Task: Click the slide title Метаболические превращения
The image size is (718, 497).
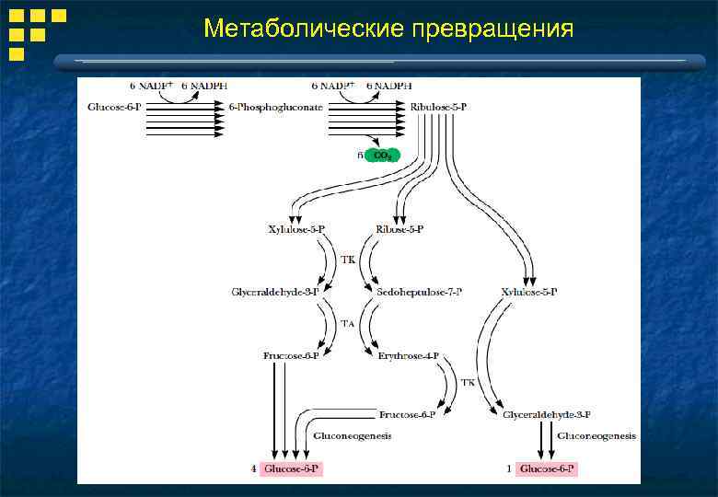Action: pos(388,29)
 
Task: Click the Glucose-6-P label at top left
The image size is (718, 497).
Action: pos(114,108)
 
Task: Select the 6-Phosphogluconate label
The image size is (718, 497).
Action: pos(275,108)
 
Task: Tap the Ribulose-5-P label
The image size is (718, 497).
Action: pos(438,108)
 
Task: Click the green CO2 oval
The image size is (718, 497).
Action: pos(382,155)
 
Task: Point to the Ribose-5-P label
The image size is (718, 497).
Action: pos(400,228)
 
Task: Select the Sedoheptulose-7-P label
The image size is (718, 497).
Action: pos(420,292)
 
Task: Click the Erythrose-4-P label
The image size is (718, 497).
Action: pos(408,354)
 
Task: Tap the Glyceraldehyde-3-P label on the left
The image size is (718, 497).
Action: pos(275,292)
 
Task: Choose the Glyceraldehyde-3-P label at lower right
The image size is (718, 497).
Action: pos(547,415)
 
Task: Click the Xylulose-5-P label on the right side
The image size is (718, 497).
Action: pos(528,292)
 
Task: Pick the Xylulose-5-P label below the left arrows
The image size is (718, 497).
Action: pos(295,228)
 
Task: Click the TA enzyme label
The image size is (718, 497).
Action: pos(348,323)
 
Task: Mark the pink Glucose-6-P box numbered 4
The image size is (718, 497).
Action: pos(292,468)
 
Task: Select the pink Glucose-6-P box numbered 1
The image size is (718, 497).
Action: pos(547,468)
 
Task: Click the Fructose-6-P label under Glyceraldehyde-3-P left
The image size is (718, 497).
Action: pos(291,354)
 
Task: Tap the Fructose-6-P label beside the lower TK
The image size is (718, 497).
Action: pos(407,415)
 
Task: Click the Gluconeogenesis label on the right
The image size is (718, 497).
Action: pos(596,435)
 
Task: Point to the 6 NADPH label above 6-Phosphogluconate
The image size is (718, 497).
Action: pos(208,86)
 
